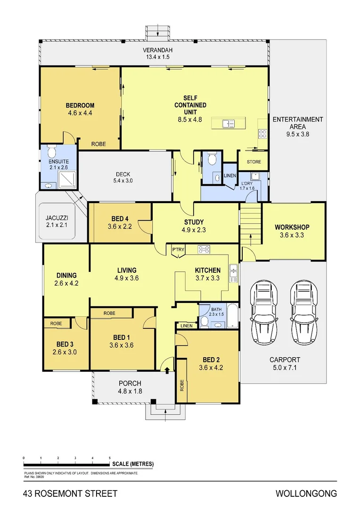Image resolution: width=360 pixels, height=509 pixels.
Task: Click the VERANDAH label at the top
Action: click(x=158, y=50)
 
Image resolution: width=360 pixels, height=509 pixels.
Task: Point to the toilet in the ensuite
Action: click(x=52, y=152)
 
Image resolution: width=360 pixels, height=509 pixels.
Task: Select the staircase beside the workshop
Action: click(x=250, y=224)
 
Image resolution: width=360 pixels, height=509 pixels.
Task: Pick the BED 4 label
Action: click(x=120, y=219)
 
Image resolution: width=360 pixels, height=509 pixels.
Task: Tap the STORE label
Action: click(x=254, y=162)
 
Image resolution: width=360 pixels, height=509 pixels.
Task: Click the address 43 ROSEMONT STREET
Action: click(x=70, y=494)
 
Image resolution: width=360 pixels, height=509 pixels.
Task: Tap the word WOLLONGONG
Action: click(x=306, y=494)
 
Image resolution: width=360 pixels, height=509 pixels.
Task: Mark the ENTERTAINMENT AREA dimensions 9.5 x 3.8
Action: click(x=298, y=133)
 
